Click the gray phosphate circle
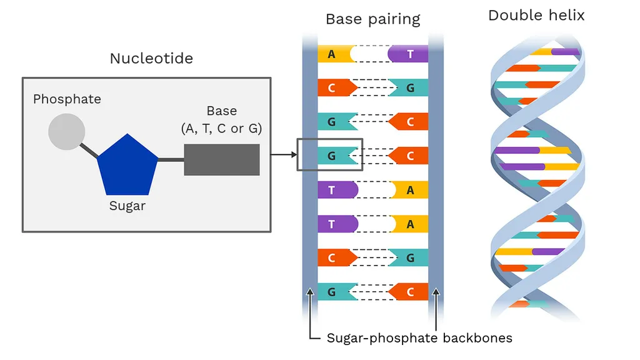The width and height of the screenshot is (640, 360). coord(67,131)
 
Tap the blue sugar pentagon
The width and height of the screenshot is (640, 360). coord(127,166)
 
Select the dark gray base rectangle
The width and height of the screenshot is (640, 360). coord(221,159)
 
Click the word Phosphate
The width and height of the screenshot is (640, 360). coord(67,99)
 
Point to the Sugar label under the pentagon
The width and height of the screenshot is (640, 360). coord(127,206)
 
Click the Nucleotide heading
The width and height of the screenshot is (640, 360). coord(151,59)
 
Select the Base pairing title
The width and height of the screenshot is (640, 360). coord(372,19)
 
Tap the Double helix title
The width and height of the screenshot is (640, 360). coord(536,16)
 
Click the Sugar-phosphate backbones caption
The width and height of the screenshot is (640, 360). coord(419,338)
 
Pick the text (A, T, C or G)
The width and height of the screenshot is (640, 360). coord(221,129)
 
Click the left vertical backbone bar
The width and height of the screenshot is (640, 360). coord(310,187)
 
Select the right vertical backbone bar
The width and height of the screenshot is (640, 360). coord(436,187)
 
